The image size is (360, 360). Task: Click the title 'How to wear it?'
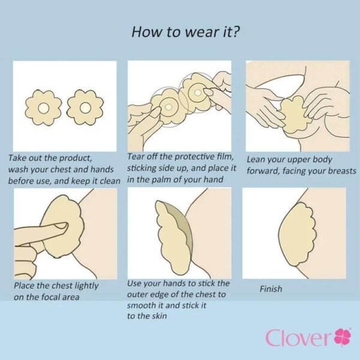point(186,32)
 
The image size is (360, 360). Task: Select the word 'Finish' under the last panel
point(271,289)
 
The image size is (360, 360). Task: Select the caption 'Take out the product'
point(50,158)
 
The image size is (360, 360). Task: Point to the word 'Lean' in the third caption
point(257,160)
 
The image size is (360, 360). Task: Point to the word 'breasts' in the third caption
point(339,171)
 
